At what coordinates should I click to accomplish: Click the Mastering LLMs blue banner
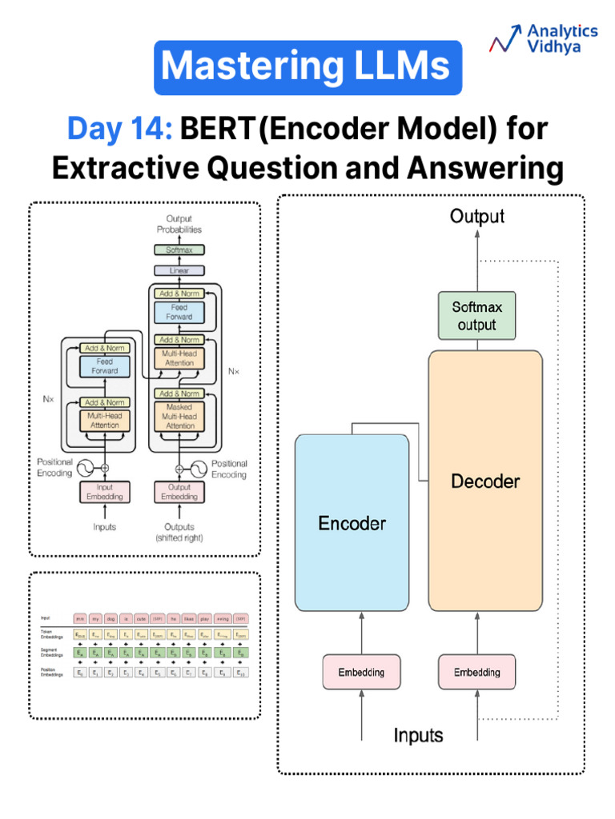pos(307,68)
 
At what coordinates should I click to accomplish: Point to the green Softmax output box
pos(476,317)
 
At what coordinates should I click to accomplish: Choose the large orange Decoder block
pos(485,481)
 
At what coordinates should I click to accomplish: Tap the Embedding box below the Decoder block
pos(476,672)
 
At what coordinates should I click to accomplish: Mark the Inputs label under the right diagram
pos(418,735)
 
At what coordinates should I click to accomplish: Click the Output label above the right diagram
pos(477,216)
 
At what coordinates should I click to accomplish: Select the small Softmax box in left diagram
pos(179,250)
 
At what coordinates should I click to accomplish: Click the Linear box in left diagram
pos(179,271)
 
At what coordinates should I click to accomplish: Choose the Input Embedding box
pos(105,492)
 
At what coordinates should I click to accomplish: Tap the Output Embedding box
pos(179,492)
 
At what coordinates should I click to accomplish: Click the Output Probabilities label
pos(179,224)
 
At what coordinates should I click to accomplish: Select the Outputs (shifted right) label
pos(179,532)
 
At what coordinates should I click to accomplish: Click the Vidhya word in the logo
pos(554,47)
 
